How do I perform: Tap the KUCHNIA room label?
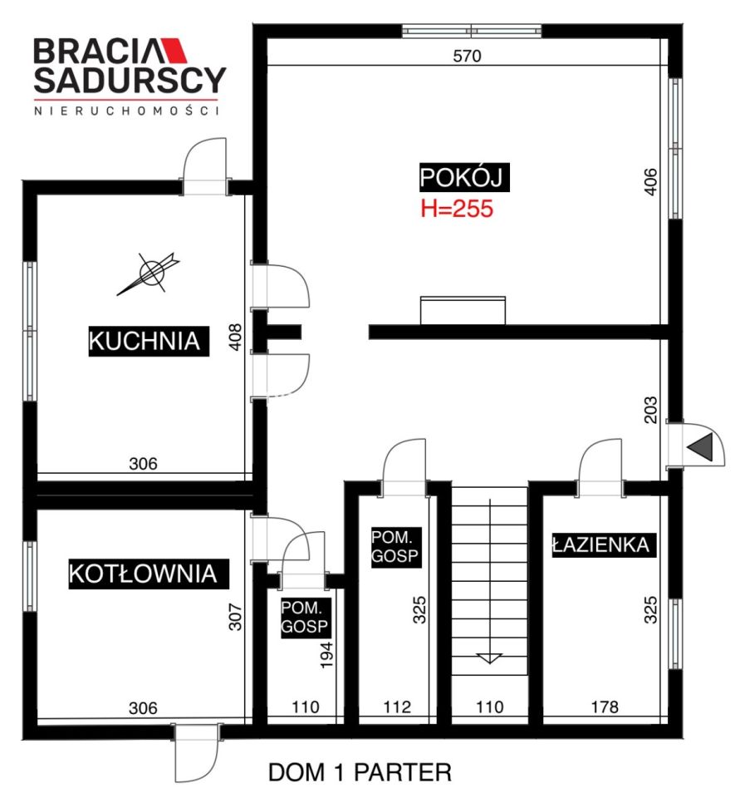149,341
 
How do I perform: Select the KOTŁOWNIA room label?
149,574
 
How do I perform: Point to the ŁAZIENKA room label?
604,545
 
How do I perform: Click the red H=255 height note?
457,209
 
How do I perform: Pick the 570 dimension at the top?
467,56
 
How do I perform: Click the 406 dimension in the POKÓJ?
650,181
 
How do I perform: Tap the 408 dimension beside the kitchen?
236,337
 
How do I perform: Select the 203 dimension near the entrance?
650,410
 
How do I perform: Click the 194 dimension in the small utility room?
326,655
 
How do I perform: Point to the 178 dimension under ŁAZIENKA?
605,707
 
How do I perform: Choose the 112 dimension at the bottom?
397,707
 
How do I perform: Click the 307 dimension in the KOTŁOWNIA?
236,617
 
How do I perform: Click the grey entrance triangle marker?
700,448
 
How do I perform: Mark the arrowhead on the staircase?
489,658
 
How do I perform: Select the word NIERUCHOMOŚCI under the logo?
126,111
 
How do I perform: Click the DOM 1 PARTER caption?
360,772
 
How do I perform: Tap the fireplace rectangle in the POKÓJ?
463,310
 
